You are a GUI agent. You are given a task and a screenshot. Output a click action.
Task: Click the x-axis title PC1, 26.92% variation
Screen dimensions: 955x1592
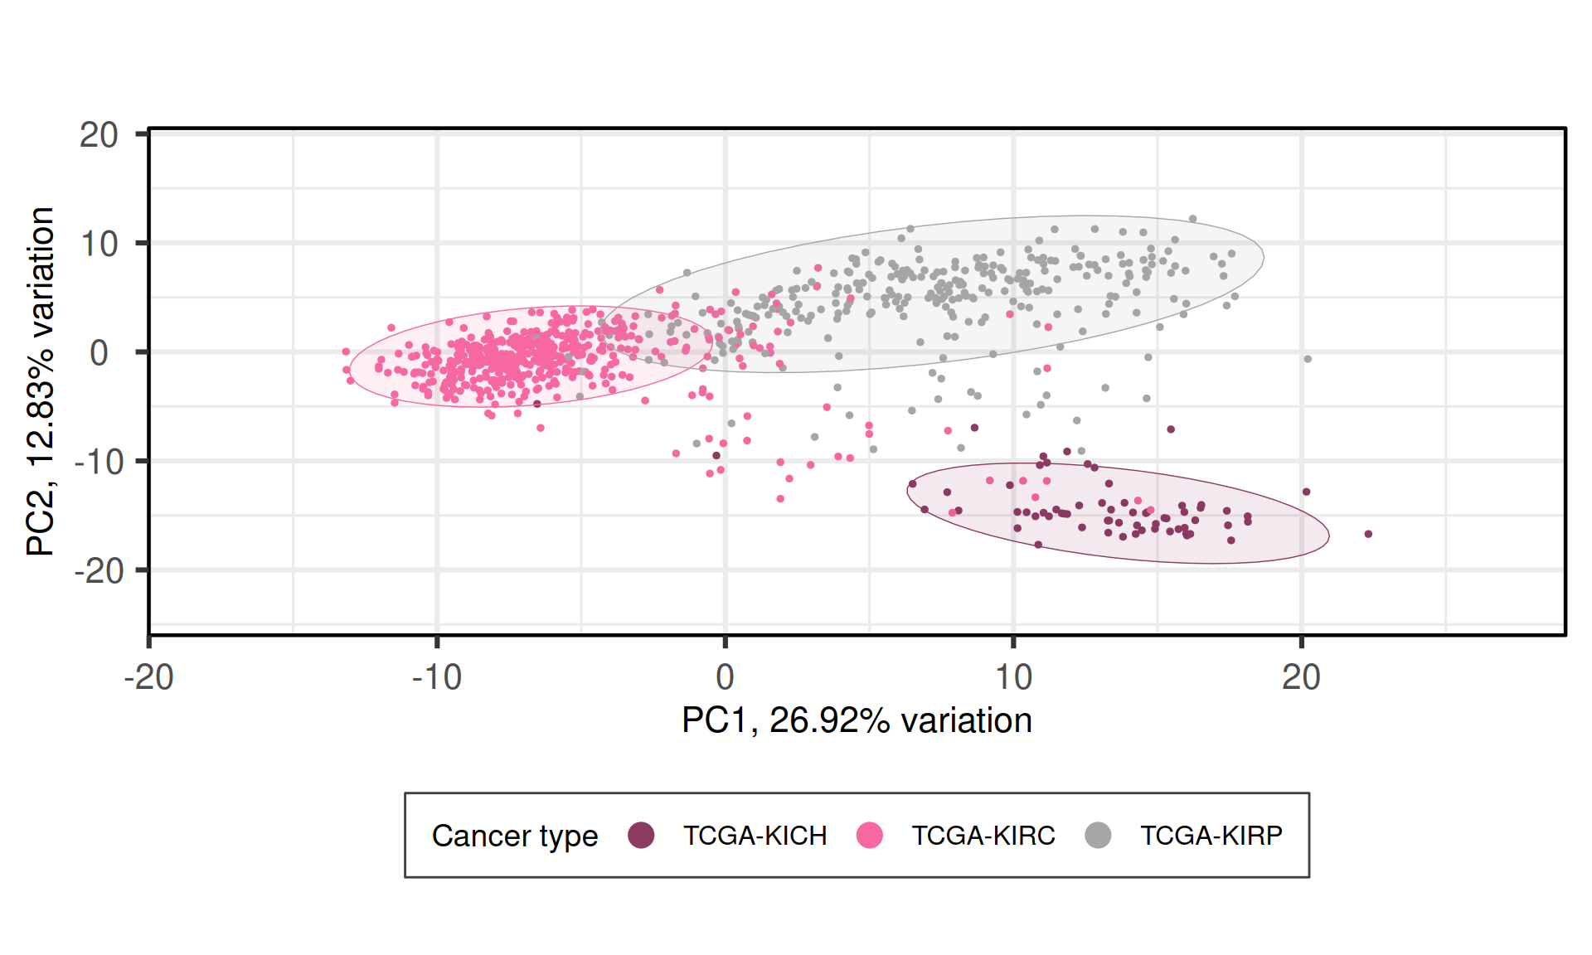tap(857, 720)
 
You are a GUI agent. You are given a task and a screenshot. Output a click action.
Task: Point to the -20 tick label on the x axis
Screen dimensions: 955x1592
tap(148, 678)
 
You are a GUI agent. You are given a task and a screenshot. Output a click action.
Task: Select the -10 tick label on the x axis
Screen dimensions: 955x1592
tap(437, 678)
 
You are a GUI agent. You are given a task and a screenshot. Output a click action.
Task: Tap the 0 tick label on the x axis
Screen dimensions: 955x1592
tap(725, 678)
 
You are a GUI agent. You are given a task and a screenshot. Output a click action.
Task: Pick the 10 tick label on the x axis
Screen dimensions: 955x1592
tap(1012, 678)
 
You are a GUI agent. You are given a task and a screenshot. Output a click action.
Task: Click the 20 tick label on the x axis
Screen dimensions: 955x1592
tap(1301, 678)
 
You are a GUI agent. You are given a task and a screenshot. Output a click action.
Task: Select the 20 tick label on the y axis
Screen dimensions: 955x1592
tap(99, 135)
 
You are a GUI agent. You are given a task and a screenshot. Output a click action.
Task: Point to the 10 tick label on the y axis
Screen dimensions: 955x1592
tap(99, 245)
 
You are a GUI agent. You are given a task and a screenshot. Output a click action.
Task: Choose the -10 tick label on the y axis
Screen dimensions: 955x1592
tap(99, 462)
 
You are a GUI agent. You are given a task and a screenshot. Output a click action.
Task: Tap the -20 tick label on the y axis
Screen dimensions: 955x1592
tap(99, 571)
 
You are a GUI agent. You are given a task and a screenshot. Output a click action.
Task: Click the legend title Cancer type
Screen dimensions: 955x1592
tap(515, 836)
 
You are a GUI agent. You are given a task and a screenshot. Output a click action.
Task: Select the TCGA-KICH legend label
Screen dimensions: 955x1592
tap(755, 836)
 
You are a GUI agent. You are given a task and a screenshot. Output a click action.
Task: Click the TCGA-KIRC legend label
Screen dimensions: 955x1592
tap(983, 836)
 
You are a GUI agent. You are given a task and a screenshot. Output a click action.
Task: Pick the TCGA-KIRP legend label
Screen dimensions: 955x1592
tap(1211, 836)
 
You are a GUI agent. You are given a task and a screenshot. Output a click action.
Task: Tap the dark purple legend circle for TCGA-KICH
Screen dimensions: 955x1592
tap(641, 836)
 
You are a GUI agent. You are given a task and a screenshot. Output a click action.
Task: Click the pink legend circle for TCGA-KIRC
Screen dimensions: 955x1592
tap(870, 836)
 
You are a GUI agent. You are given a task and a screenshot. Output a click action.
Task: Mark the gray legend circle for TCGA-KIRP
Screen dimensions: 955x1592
tap(1098, 836)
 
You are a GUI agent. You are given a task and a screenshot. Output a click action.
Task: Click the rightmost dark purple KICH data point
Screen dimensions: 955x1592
tap(1368, 534)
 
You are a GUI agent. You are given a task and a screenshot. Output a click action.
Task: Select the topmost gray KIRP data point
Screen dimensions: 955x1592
tap(1193, 219)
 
